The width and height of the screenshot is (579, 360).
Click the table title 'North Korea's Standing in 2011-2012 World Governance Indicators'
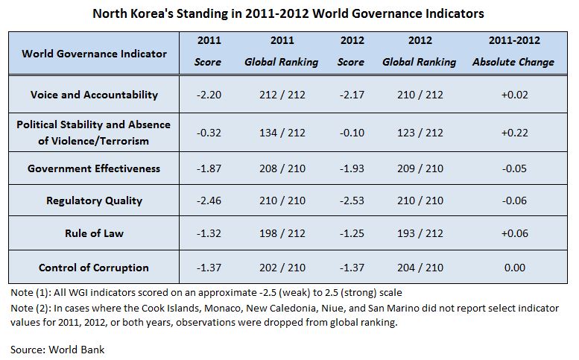point(288,13)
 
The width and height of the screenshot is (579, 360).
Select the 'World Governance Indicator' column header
point(95,54)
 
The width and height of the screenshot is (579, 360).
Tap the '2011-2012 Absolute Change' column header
point(513,51)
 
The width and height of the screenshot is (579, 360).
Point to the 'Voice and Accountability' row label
point(95,95)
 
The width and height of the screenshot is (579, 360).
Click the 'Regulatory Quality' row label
point(95,200)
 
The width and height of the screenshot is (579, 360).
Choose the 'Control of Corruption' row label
point(95,268)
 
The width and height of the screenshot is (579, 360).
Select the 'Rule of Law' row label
point(95,233)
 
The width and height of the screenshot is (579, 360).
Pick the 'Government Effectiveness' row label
point(95,168)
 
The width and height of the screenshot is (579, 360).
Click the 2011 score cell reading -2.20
point(207,95)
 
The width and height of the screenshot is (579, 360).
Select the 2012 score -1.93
point(351,168)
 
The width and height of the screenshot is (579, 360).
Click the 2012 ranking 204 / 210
point(419,268)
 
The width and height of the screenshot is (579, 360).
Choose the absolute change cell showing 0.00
point(513,268)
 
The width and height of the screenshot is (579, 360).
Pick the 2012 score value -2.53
point(351,200)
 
